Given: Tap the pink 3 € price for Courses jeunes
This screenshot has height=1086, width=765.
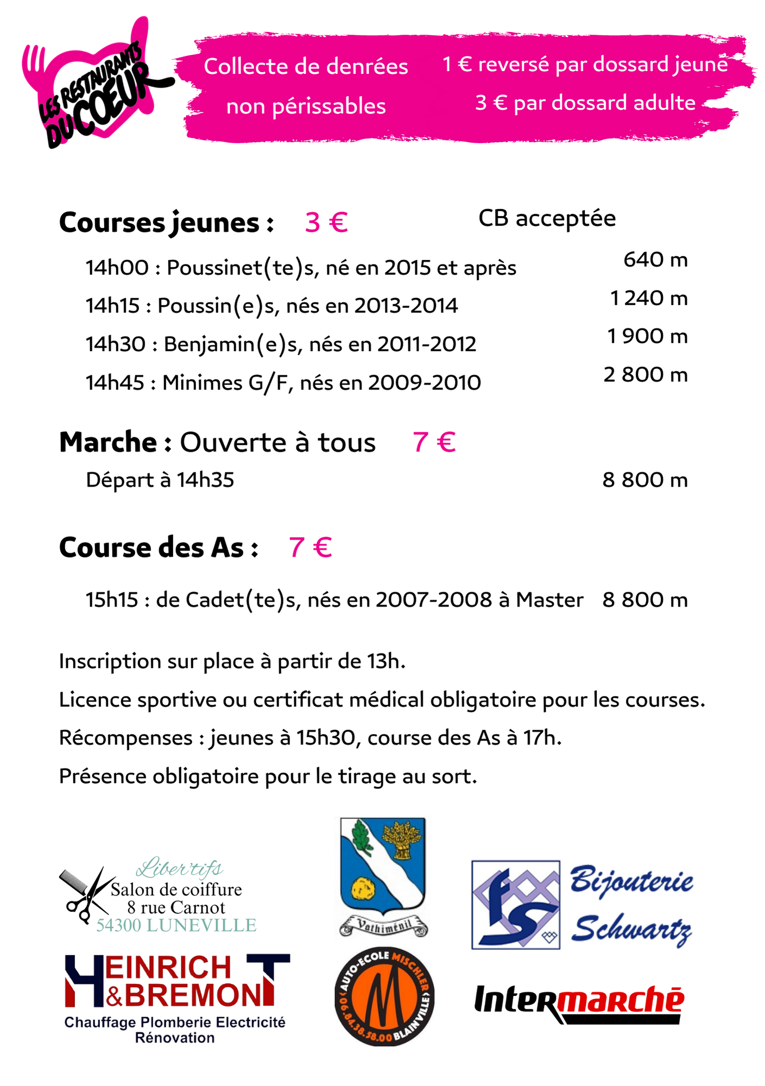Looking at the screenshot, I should [x=326, y=223].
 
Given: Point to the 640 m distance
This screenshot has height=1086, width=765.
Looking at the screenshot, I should [x=655, y=260].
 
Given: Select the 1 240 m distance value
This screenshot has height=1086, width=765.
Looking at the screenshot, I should [x=649, y=298].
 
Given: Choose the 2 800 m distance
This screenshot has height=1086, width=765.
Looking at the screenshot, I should [x=646, y=375].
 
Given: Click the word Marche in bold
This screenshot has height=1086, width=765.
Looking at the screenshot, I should [x=108, y=442].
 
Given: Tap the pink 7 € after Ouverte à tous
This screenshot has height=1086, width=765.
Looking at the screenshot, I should [x=434, y=442].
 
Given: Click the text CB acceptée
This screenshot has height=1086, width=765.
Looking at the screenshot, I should [x=547, y=218].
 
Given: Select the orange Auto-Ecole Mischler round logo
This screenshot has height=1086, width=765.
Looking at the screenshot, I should [x=384, y=996].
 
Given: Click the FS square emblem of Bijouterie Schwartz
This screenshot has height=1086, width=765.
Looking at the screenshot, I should [x=515, y=905].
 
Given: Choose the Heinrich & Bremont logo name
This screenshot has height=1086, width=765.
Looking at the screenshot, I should [x=176, y=982].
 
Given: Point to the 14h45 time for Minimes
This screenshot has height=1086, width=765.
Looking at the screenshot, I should [x=115, y=383].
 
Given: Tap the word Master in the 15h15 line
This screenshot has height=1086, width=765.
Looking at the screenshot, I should [x=549, y=600].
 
